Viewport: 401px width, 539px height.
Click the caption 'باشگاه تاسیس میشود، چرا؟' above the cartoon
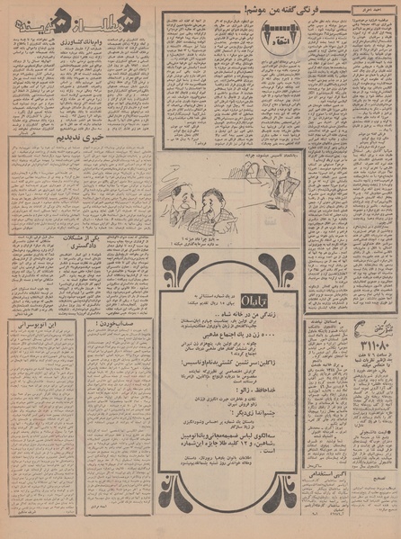pos(263,156)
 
